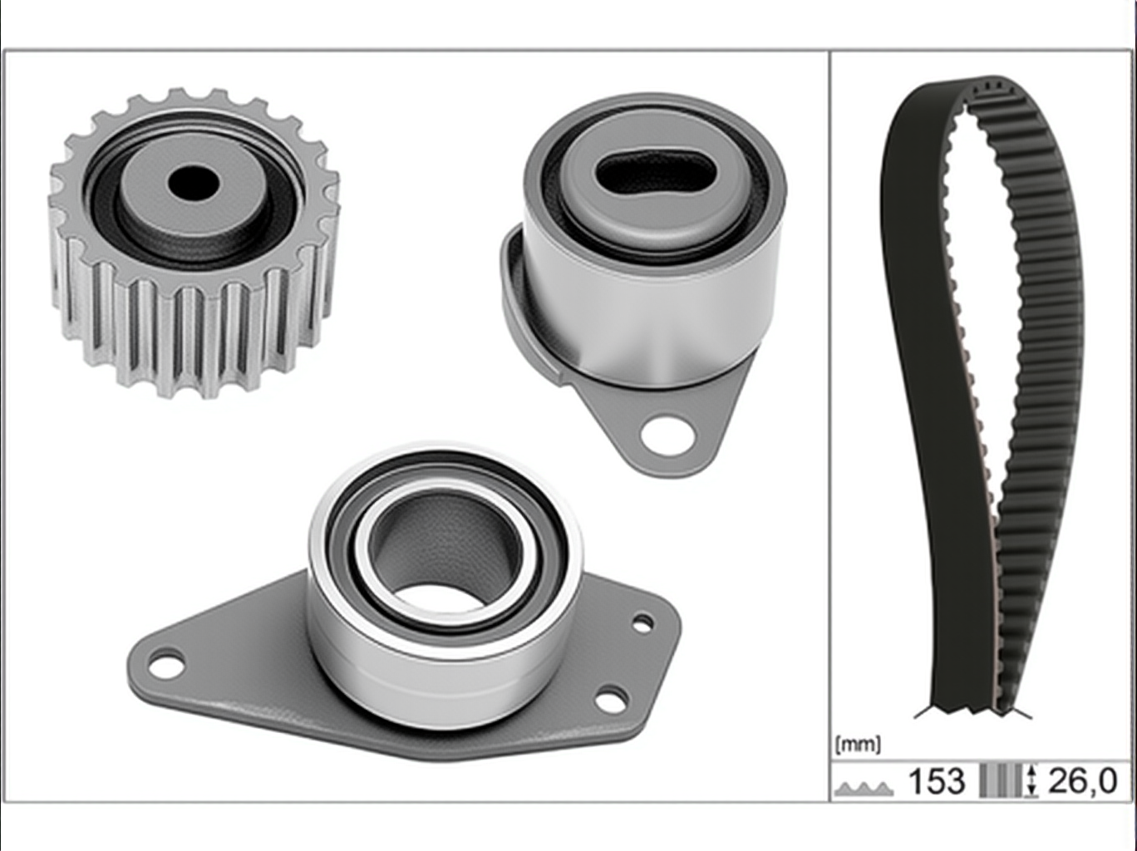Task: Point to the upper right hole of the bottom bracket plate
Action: pyautogui.click(x=642, y=623)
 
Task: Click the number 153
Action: pyautogui.click(x=937, y=780)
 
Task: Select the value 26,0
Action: pyautogui.click(x=1081, y=780)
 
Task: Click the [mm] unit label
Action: pyautogui.click(x=858, y=745)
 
